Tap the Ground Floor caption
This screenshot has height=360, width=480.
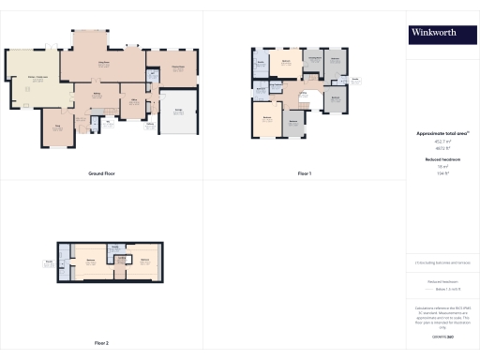101,173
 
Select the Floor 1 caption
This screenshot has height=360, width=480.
304,173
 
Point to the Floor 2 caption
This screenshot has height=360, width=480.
101,343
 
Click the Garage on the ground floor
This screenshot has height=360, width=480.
178,112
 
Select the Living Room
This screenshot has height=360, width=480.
105,64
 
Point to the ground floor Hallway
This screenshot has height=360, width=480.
97,96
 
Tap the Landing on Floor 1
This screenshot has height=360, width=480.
303,94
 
